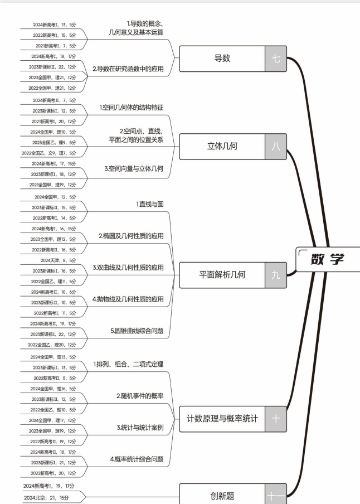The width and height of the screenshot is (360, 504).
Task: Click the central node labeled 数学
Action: [x=328, y=259]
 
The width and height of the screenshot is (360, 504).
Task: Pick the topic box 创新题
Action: [x=222, y=494]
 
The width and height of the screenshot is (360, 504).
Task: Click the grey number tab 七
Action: [x=276, y=59]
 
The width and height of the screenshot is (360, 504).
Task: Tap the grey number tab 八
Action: [x=276, y=147]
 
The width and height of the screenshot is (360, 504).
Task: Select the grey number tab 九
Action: [x=276, y=274]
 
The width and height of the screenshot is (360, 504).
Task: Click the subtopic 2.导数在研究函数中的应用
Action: [x=128, y=69]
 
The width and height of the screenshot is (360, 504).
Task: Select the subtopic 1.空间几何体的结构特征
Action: [x=132, y=106]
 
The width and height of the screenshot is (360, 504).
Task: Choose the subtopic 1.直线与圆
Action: [x=150, y=204]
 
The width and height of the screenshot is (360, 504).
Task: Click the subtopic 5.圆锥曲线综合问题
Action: [x=137, y=331]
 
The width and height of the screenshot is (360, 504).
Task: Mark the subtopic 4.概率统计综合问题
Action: [x=137, y=459]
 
